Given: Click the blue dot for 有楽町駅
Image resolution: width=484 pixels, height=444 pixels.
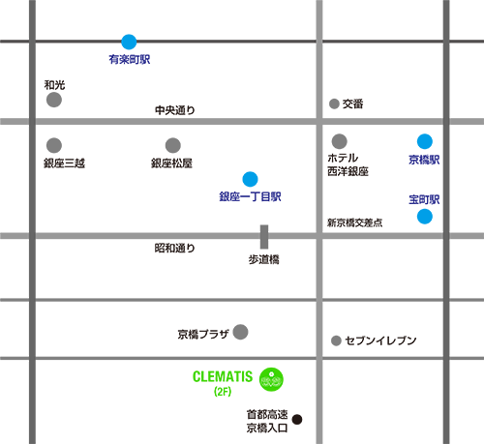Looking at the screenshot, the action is [x=129, y=42].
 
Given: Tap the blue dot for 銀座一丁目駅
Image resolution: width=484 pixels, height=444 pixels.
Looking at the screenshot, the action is [x=250, y=179].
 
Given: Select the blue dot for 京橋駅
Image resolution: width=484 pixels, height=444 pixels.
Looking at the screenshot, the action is [x=425, y=141].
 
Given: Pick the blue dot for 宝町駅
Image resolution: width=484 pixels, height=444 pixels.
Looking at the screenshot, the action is [x=425, y=216].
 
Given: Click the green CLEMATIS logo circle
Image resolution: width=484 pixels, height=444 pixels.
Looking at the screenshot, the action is [x=271, y=379].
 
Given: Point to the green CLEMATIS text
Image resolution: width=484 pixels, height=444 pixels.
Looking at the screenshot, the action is [x=223, y=376].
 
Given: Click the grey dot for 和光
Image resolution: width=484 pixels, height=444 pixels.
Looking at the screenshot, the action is [x=54, y=100].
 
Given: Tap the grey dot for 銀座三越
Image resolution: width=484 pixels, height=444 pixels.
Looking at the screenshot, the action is [x=54, y=145].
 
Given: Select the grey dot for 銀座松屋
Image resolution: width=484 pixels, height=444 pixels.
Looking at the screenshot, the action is [x=173, y=145].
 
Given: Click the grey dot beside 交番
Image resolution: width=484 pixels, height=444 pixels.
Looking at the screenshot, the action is [x=334, y=104].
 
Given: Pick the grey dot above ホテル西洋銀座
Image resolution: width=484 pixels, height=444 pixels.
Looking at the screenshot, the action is [x=339, y=141].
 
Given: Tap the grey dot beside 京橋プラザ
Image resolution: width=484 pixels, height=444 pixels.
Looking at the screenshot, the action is [x=240, y=332].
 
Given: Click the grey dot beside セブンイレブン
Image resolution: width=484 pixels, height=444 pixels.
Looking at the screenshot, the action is [x=336, y=340].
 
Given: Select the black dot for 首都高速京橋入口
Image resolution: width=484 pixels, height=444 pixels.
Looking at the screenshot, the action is [x=297, y=419].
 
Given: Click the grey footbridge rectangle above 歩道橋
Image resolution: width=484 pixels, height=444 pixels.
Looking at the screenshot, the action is [x=264, y=237].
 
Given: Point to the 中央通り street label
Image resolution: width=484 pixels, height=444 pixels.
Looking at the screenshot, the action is [x=175, y=110].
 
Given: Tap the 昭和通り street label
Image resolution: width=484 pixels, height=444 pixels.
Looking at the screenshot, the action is [x=175, y=248].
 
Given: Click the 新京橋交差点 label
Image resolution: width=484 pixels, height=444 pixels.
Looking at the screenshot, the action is [x=355, y=222].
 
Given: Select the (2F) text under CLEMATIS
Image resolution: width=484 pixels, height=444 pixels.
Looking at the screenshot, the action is [x=223, y=392].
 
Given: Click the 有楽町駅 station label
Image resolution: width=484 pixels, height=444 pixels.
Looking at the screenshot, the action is [x=130, y=59].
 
